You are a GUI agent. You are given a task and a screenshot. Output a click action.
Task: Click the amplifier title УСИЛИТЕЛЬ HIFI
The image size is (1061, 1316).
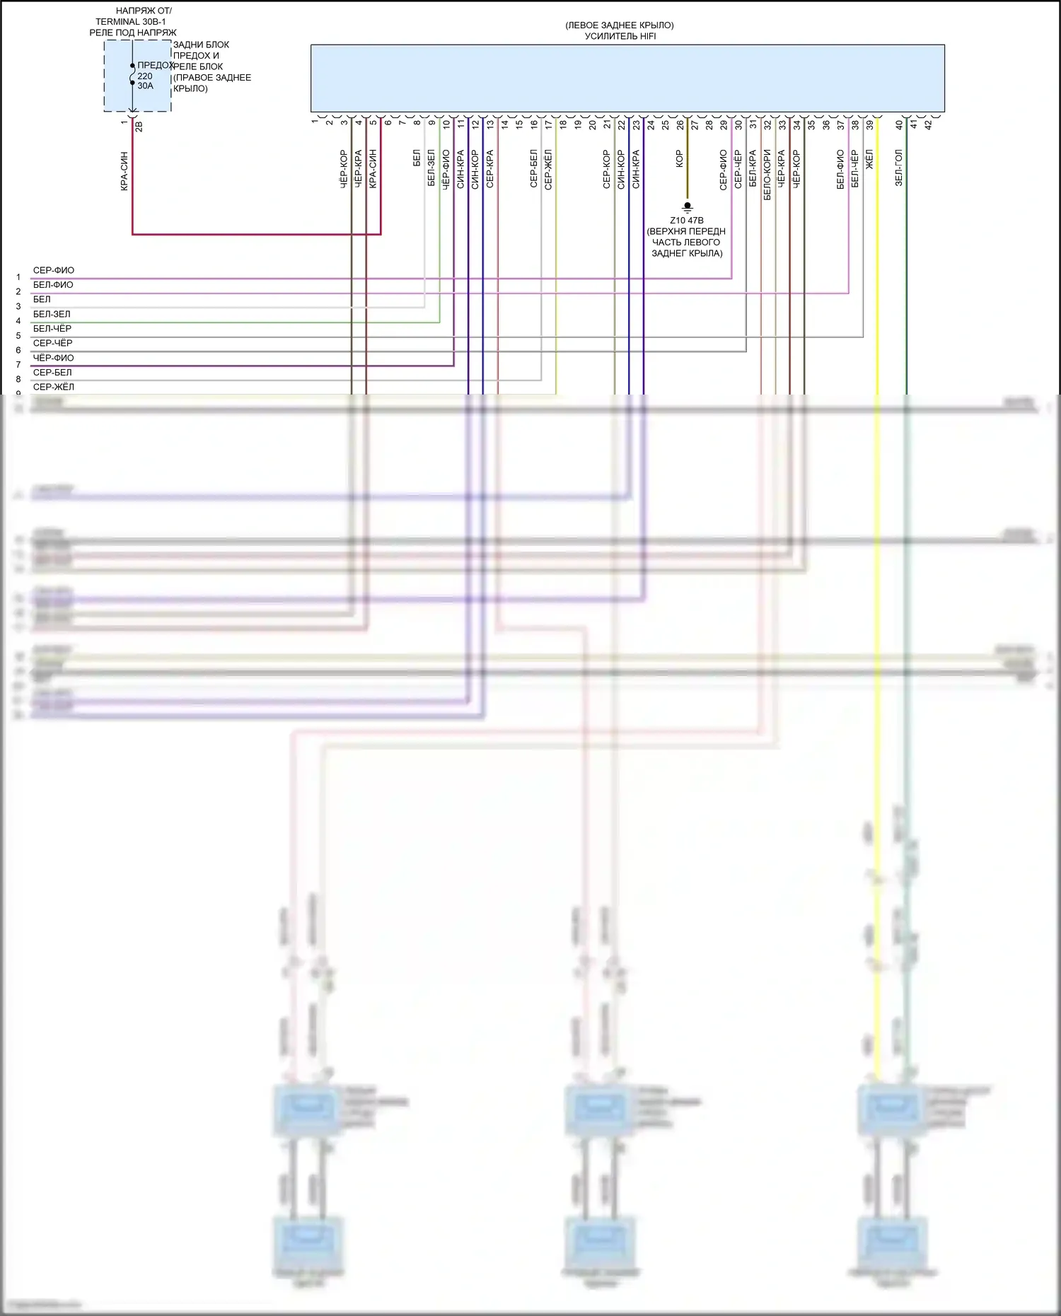620,36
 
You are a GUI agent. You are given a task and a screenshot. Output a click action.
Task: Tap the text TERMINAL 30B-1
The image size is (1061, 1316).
131,22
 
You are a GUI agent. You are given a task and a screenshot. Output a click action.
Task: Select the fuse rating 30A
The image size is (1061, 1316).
145,86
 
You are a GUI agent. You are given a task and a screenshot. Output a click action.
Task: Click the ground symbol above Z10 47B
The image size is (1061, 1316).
687,207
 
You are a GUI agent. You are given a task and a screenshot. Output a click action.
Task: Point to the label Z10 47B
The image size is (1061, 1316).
686,220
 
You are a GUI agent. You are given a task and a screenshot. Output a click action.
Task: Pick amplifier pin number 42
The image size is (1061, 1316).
928,124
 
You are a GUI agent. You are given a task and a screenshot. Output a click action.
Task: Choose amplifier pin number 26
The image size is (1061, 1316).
680,124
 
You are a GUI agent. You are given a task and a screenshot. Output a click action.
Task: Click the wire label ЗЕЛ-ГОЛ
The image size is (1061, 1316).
898,168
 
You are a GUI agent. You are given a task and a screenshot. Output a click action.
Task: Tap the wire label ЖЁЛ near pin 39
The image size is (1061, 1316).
869,158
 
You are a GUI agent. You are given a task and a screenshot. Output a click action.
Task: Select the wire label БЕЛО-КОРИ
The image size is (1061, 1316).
767,174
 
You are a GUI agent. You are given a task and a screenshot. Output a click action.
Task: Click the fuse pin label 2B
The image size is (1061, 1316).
139,127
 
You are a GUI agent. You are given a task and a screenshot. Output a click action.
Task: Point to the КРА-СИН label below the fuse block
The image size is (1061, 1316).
124,171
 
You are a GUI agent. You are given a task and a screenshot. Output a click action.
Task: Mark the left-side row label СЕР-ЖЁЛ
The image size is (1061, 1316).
53,387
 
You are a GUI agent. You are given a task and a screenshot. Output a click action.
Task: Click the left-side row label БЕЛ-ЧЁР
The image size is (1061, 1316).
52,328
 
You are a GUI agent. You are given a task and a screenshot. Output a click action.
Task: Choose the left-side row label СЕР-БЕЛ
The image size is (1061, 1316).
52,372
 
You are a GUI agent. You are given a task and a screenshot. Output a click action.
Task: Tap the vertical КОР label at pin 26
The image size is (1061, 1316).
679,158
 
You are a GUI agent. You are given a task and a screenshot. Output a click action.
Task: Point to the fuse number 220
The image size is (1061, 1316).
145,76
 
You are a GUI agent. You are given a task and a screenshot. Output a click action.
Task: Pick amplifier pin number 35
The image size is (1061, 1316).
811,124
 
